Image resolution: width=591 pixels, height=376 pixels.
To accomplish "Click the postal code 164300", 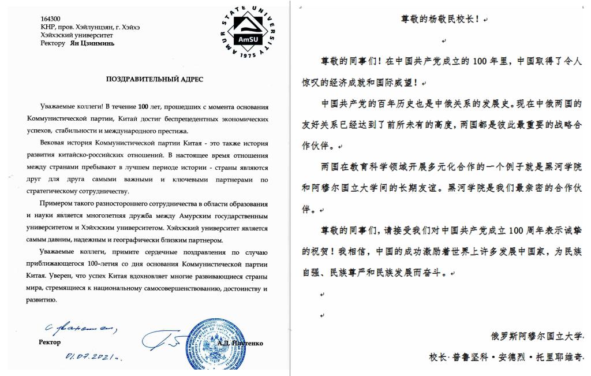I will [x=49, y=18].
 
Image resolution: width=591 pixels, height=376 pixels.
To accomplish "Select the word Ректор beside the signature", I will [x=49, y=342].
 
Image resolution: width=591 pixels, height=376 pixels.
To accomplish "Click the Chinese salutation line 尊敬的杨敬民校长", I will [x=439, y=18].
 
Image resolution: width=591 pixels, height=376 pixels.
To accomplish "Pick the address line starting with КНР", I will [x=90, y=27].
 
